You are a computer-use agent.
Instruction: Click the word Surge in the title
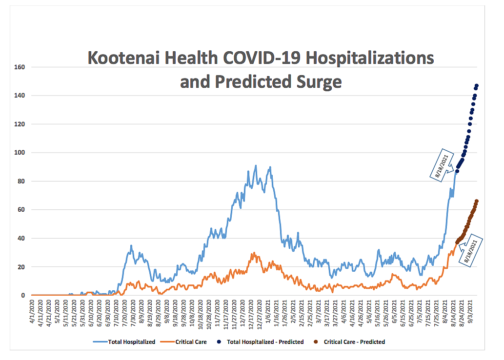(x=317, y=81)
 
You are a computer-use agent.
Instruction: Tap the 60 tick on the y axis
(x=21, y=210)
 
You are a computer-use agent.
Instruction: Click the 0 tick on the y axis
(x=23, y=296)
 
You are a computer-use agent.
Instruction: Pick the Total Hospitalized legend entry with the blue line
(x=128, y=342)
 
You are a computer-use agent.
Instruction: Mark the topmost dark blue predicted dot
(x=477, y=86)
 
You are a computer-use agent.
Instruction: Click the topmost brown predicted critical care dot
(x=477, y=201)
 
